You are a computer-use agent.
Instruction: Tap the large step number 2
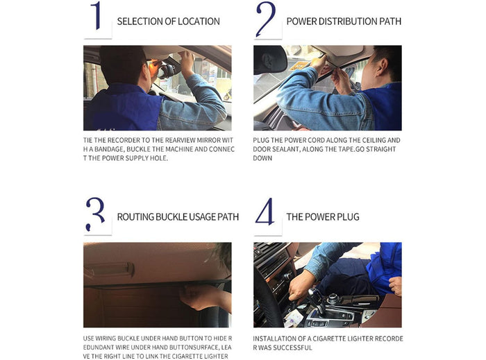click(265, 19)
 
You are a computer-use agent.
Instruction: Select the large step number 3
click(96, 214)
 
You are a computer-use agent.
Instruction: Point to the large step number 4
click(265, 214)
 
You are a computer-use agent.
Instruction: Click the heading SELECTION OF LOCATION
click(169, 22)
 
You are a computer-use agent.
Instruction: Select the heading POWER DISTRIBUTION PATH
click(344, 22)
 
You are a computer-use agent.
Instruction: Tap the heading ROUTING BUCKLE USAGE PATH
click(178, 217)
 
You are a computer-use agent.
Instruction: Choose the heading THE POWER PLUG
click(323, 217)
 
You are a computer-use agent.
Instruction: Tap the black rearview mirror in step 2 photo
click(269, 60)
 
